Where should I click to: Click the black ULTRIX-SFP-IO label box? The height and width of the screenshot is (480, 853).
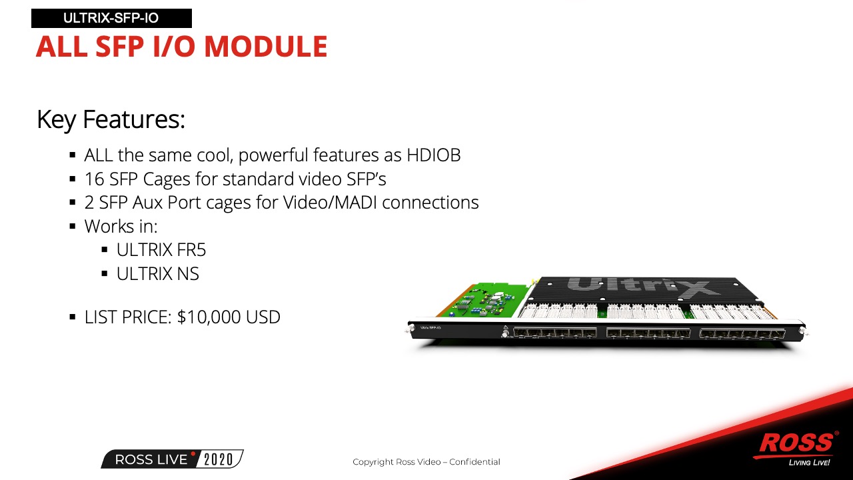111,18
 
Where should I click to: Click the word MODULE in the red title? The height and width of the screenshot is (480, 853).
266,47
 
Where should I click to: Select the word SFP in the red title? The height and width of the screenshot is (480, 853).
119,47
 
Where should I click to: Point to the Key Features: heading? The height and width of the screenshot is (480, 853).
111,119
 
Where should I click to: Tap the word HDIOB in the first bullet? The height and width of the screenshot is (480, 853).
434,155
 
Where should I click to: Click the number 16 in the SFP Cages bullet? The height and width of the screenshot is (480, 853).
94,179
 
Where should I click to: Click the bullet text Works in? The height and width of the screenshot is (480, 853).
121,226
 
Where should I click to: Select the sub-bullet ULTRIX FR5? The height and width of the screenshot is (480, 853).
161,250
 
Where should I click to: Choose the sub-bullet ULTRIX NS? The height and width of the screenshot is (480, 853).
158,273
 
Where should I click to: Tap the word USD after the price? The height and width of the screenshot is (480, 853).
263,317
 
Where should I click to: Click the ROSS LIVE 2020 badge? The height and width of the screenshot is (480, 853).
172,459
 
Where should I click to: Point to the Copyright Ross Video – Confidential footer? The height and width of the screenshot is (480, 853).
426,462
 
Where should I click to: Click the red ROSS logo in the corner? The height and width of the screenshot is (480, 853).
796,443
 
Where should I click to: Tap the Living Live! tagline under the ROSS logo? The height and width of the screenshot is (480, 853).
809,463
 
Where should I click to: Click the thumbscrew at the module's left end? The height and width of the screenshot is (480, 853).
411,329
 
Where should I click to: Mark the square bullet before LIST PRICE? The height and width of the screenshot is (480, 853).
73,317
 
